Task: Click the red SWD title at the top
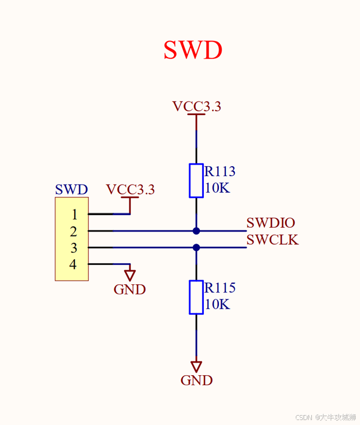click(x=193, y=50)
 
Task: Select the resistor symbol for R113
click(x=196, y=180)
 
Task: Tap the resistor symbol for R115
click(x=196, y=297)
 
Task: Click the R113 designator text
click(x=220, y=172)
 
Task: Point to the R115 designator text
click(x=220, y=288)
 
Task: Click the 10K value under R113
click(x=217, y=188)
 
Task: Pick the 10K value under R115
click(x=217, y=304)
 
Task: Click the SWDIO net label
click(x=271, y=223)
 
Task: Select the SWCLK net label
click(x=272, y=240)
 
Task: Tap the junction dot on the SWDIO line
click(x=196, y=231)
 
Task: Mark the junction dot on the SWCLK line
click(x=196, y=247)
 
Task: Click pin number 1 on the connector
click(x=74, y=214)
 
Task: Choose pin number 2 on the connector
click(x=74, y=231)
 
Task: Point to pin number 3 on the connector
click(x=74, y=248)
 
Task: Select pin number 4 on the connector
click(x=73, y=264)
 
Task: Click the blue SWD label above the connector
click(x=71, y=190)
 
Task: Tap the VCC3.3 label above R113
click(x=197, y=106)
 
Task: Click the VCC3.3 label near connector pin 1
click(x=130, y=190)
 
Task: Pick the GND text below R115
click(x=197, y=380)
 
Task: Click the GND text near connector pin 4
click(x=130, y=289)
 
